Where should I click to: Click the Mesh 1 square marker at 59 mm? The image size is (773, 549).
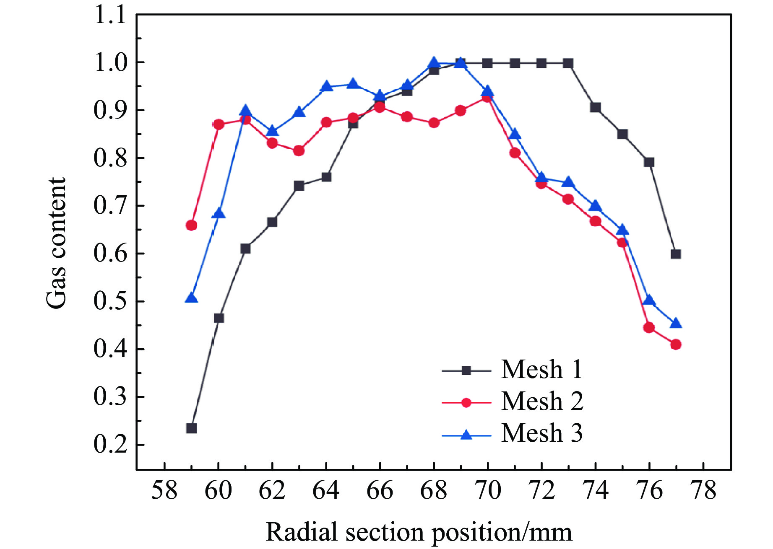pyautogui.click(x=191, y=428)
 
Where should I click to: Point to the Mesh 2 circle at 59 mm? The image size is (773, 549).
pyautogui.click(x=191, y=225)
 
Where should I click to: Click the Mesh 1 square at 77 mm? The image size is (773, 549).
pyautogui.click(x=676, y=254)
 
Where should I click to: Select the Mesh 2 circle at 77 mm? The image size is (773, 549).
pyautogui.click(x=676, y=344)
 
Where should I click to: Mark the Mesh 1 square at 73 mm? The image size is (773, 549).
pyautogui.click(x=568, y=63)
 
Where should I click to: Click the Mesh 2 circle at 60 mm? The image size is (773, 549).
pyautogui.click(x=219, y=124)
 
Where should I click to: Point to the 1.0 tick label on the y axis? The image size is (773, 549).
pyautogui.click(x=110, y=63)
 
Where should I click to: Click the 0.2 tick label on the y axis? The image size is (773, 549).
pyautogui.click(x=110, y=444)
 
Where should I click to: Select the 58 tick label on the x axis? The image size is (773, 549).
pyautogui.click(x=164, y=490)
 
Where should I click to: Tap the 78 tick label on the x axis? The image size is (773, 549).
pyautogui.click(x=703, y=490)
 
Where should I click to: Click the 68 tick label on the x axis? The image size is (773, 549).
pyautogui.click(x=434, y=490)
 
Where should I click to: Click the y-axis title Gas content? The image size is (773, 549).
pyautogui.click(x=56, y=243)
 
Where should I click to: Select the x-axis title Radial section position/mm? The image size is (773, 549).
pyautogui.click(x=419, y=532)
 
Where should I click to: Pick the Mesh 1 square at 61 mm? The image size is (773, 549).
pyautogui.click(x=245, y=249)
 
